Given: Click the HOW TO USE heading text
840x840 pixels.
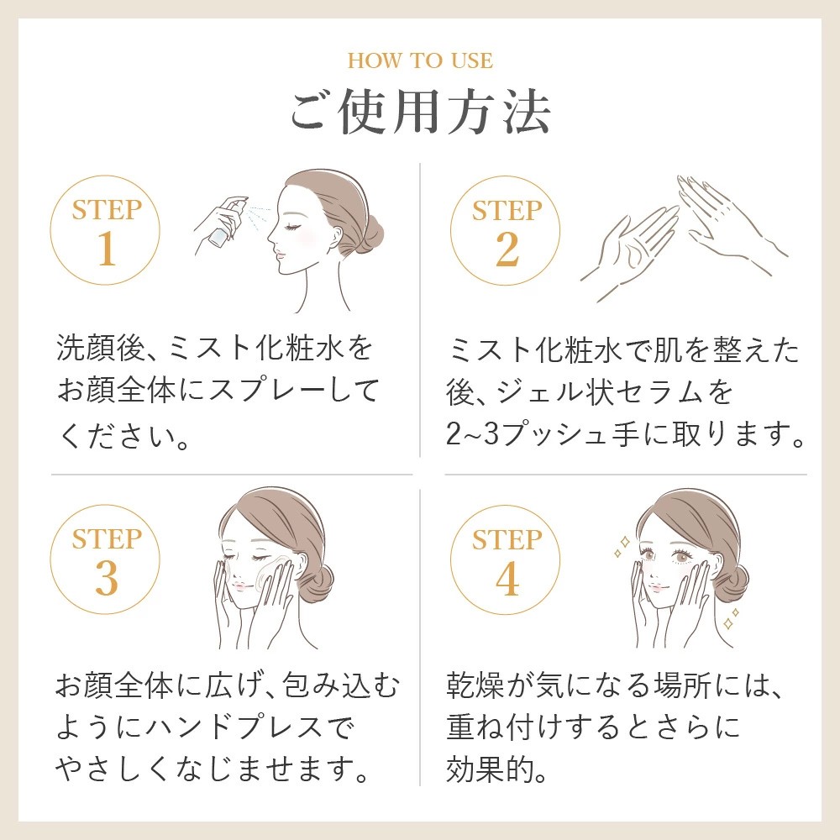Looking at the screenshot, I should click(x=419, y=61).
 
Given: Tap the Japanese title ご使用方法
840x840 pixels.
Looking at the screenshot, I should click(x=419, y=113).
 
